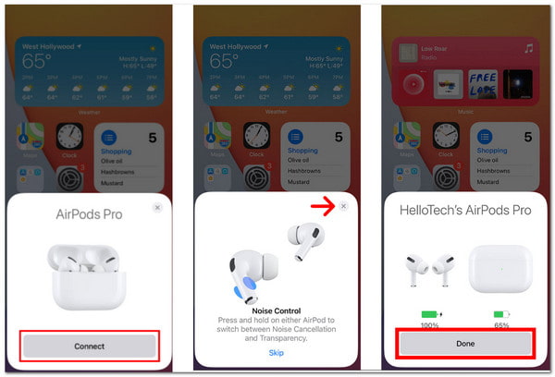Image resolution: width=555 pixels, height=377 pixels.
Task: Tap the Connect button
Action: pos(91,346)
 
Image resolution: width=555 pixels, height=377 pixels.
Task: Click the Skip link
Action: pos(277,353)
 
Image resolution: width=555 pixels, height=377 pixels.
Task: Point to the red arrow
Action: pos(322,207)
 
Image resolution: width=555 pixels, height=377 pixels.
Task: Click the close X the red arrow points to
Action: pos(344,207)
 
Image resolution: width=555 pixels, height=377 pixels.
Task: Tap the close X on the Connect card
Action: pos(157,208)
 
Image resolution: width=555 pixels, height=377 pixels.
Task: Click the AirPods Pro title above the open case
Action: pos(91,214)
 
